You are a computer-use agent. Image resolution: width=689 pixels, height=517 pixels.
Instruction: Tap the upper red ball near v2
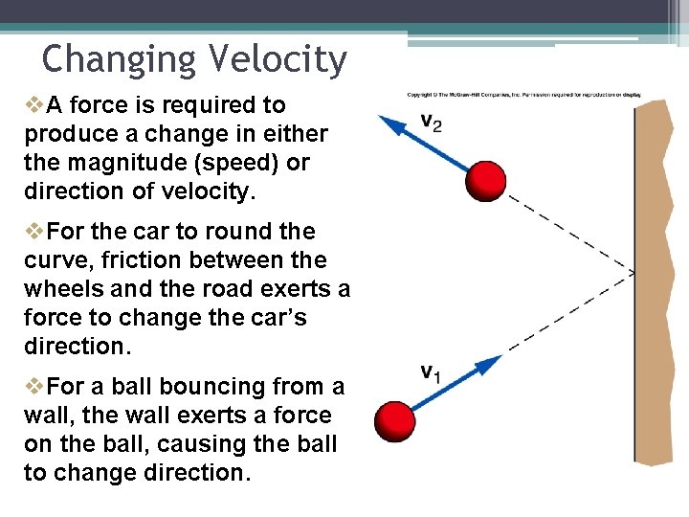(x=486, y=180)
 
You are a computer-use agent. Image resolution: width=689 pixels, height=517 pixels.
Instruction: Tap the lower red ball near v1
(x=395, y=421)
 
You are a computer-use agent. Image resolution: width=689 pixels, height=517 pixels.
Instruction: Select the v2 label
(x=431, y=123)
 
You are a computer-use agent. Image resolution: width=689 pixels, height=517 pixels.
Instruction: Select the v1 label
(x=431, y=372)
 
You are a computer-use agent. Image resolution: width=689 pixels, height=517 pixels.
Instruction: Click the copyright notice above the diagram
(x=523, y=95)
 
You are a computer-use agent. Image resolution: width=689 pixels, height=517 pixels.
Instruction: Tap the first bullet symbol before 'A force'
(x=33, y=104)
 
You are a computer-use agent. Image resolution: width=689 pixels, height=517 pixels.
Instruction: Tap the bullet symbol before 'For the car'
(x=33, y=231)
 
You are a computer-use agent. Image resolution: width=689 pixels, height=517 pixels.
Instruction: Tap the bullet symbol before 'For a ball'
(x=33, y=386)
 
